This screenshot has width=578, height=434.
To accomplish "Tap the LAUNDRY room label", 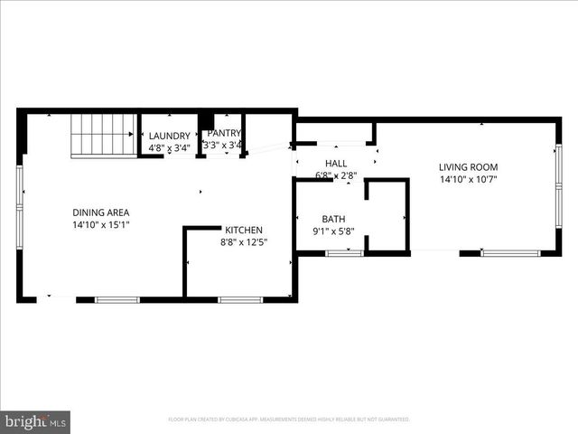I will (x=170, y=136).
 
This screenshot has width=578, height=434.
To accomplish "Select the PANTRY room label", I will (x=223, y=134).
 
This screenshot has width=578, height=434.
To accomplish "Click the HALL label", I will (x=336, y=163).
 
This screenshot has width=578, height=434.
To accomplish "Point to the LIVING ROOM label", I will (x=468, y=167).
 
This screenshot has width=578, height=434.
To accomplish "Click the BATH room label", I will (x=333, y=220).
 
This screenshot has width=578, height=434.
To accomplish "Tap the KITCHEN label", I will (x=244, y=230).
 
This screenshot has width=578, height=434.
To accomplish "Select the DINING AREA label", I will (x=101, y=212).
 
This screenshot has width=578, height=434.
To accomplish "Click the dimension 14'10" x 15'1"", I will (x=101, y=224).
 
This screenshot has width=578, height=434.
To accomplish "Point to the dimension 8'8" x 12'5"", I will (x=246, y=241).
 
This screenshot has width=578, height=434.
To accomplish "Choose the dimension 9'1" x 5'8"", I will (x=333, y=231).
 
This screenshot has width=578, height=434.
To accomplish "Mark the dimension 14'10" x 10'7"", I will (x=468, y=179).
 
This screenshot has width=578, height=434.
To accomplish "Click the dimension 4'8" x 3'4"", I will (x=170, y=146).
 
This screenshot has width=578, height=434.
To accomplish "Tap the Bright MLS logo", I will (x=36, y=421).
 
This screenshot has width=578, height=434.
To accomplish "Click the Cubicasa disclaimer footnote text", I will (x=289, y=420).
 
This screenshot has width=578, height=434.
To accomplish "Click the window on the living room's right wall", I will (x=559, y=185).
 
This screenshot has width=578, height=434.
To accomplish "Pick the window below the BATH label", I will (x=344, y=253).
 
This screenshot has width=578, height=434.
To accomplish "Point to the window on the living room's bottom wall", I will (x=510, y=253).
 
